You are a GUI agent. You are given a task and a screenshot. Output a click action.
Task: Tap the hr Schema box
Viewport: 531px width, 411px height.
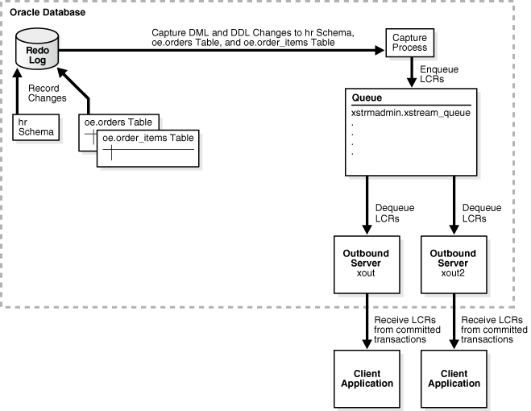[x=35, y=127]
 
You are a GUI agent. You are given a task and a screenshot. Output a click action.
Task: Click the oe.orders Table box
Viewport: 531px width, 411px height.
[x=118, y=122]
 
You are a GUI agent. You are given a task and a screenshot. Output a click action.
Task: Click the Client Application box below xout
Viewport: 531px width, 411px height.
[x=367, y=379]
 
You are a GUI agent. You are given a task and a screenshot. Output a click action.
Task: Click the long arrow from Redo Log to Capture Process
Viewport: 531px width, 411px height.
[x=218, y=49]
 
